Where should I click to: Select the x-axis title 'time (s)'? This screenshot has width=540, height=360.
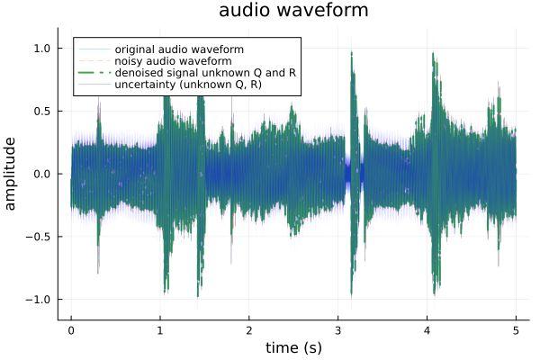292,347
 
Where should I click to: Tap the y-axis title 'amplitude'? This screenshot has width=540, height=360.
12,174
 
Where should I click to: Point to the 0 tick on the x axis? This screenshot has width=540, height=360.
71,329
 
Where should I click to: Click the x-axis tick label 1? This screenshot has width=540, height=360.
160,329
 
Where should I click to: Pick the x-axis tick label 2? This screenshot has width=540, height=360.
249,329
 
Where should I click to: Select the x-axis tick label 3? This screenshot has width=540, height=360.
338,329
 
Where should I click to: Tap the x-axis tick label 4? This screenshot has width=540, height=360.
427,329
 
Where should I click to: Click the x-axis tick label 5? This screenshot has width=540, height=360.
517,329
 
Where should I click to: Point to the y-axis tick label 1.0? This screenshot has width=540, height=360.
42,49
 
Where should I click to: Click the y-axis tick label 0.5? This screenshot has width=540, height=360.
42,111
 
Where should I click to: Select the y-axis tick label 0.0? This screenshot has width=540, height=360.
42,174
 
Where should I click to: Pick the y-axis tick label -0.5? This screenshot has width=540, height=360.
40,237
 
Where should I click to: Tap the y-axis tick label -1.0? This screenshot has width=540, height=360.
40,299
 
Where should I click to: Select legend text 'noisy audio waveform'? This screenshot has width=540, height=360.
173,60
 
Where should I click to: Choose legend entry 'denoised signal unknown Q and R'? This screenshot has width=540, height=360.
205,72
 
